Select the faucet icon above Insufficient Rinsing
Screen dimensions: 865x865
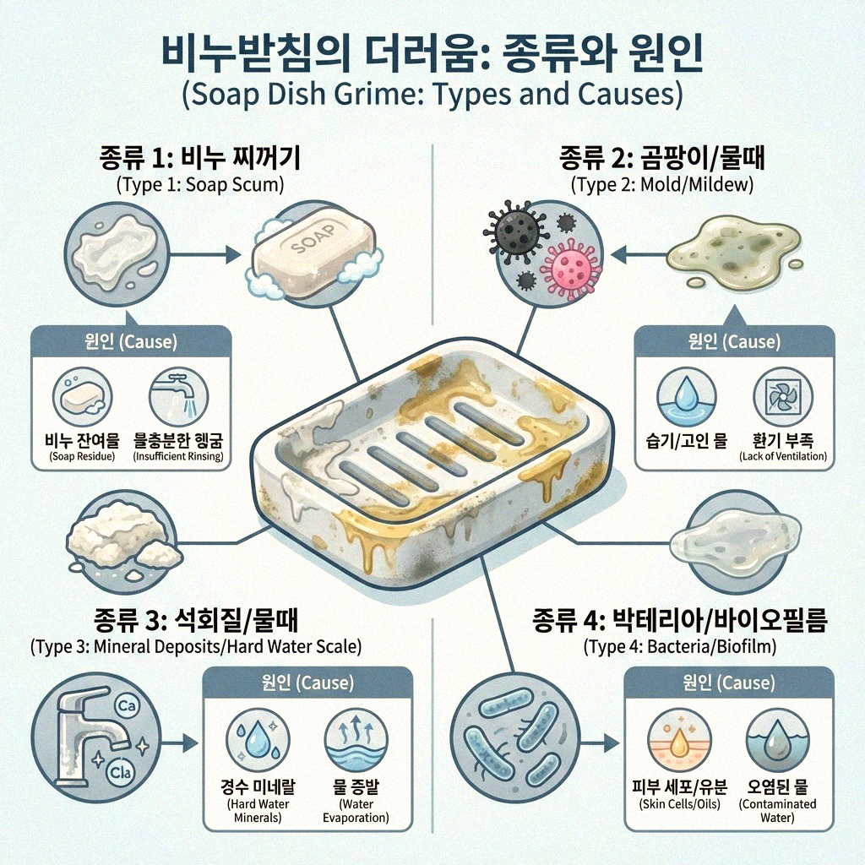click(177, 394)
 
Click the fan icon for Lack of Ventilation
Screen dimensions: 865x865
click(782, 395)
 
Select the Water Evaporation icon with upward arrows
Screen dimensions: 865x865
click(355, 740)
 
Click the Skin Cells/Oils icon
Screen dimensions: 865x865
click(673, 740)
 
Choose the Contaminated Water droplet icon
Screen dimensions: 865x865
click(775, 740)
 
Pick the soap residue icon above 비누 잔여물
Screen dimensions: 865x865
click(81, 394)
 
